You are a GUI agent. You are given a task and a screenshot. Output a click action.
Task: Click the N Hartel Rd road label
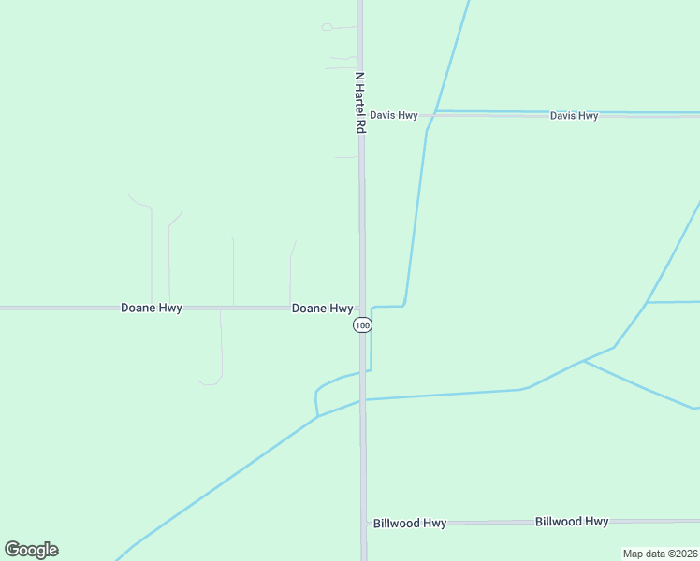[359, 103]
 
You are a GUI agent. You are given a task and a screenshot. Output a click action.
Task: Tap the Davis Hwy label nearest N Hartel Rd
[393, 115]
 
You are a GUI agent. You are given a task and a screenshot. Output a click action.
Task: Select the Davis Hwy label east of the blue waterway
[574, 116]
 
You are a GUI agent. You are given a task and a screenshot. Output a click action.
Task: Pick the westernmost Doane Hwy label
[151, 308]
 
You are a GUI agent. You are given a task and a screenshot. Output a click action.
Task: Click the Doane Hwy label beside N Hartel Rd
[322, 308]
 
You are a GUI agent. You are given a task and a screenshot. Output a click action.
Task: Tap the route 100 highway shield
[363, 324]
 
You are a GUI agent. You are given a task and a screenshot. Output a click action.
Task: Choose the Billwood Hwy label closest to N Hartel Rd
[409, 524]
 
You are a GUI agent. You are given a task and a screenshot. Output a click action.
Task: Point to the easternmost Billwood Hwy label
[572, 522]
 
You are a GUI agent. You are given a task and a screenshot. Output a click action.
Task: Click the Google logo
[31, 550]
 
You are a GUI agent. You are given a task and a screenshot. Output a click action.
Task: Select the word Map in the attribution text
[634, 554]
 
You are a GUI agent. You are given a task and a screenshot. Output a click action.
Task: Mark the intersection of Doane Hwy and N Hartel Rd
[362, 308]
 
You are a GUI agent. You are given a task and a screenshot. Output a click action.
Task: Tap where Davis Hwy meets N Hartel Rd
[361, 115]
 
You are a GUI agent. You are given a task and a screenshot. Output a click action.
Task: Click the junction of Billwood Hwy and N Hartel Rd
[363, 524]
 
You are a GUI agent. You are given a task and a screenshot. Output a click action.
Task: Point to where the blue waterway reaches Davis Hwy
[435, 113]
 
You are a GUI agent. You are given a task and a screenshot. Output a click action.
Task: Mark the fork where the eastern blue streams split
[582, 361]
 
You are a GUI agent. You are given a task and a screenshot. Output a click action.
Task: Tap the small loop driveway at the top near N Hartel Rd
[327, 27]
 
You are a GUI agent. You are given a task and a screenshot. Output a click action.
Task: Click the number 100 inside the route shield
[363, 324]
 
